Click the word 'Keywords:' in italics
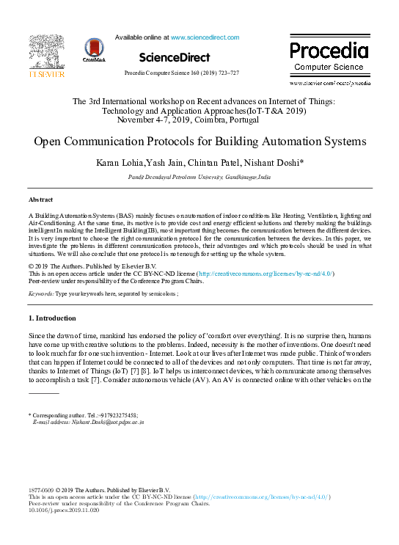click(x=41, y=293)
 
